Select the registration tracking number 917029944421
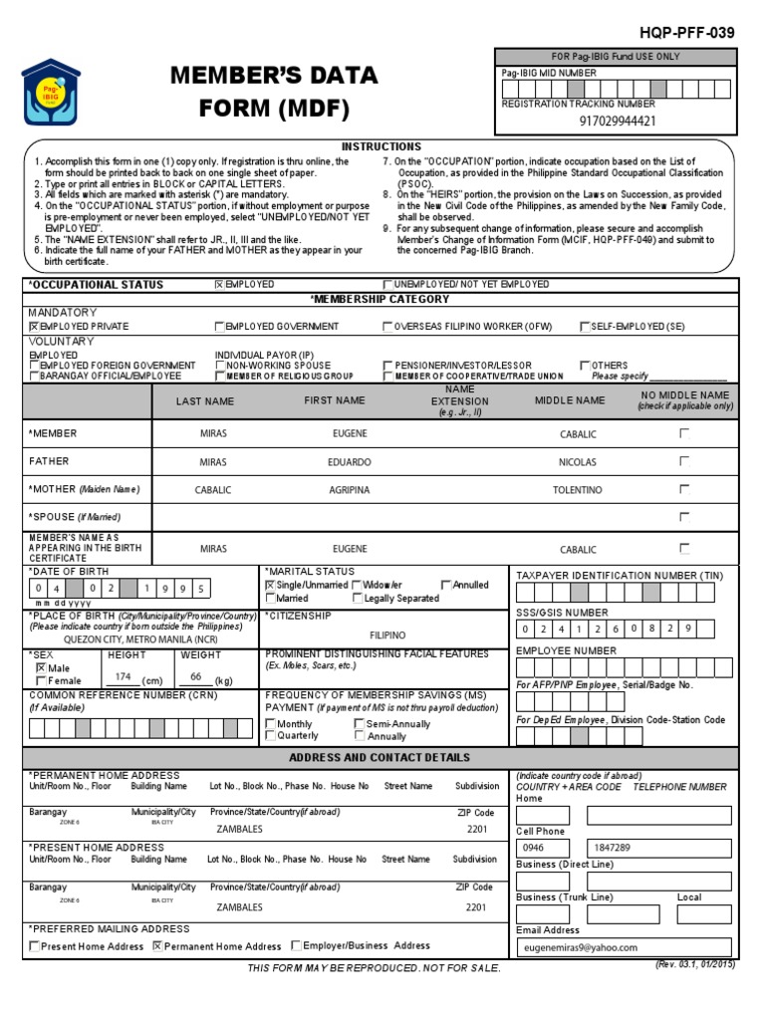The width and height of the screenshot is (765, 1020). click(617, 122)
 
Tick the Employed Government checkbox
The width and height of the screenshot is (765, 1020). click(219, 327)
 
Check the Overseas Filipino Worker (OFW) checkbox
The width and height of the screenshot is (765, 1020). click(388, 327)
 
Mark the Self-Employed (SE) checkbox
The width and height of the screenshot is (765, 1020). click(585, 327)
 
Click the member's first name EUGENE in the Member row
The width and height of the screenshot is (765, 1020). click(350, 434)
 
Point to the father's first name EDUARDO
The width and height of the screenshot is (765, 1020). click(350, 462)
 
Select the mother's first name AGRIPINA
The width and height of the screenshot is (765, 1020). click(350, 491)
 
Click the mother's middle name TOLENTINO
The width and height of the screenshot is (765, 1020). click(578, 491)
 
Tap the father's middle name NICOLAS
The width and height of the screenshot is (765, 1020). click(578, 462)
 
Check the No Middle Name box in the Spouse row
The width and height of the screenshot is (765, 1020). click(683, 518)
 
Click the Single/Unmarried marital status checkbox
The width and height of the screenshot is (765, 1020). click(270, 586)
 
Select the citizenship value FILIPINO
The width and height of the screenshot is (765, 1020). click(387, 635)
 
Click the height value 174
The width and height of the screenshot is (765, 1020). click(123, 676)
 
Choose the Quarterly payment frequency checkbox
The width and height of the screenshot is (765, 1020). click(271, 736)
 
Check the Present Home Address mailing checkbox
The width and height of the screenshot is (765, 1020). click(35, 946)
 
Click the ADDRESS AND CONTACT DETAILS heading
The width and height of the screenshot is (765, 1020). click(380, 758)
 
